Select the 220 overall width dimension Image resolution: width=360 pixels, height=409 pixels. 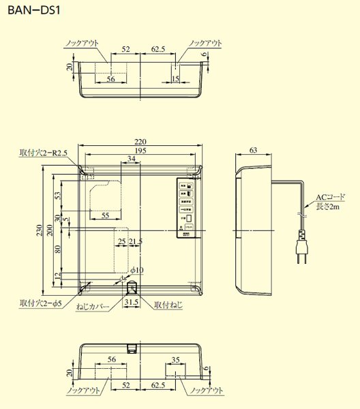click(x=140, y=142)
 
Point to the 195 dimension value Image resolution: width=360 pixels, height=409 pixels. click(x=140, y=151)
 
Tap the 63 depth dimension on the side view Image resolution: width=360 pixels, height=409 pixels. click(x=254, y=150)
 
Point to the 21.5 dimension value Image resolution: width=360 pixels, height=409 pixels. click(x=136, y=242)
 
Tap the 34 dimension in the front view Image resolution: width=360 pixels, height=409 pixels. click(x=131, y=159)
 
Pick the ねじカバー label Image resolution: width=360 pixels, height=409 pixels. click(x=93, y=308)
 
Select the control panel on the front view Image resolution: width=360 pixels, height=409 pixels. click(x=186, y=209)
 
